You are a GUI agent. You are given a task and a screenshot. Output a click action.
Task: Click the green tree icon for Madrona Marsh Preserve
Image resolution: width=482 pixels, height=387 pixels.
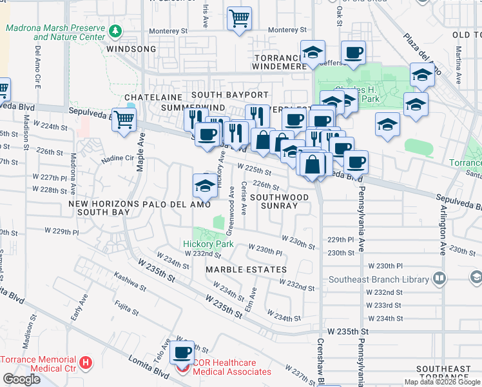tap(115, 31)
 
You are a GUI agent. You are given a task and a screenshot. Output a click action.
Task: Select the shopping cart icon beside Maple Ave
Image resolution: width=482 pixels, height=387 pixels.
tap(124, 119)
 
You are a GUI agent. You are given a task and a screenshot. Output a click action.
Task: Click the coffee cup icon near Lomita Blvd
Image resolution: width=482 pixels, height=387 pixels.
tap(182, 352)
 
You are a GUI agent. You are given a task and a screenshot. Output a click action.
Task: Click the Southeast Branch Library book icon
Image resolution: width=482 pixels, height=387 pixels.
tap(439, 279)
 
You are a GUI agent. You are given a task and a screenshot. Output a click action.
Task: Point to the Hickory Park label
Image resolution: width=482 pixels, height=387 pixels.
tap(208, 244)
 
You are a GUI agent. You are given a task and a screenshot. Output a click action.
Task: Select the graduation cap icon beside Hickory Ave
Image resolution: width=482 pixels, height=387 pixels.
tap(205, 186)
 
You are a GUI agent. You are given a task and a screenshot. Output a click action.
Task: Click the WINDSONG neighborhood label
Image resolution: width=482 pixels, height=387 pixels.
tap(131, 49)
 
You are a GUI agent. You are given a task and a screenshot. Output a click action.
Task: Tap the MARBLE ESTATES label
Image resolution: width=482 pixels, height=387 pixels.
tap(246, 269)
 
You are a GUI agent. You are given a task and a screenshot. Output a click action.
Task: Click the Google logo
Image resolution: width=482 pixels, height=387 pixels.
tap(22, 379)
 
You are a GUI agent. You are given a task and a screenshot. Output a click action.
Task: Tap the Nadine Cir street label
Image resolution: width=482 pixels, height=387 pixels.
tap(117, 157)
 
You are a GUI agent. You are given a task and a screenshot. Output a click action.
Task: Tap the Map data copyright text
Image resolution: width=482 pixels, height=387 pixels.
tap(441, 382)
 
